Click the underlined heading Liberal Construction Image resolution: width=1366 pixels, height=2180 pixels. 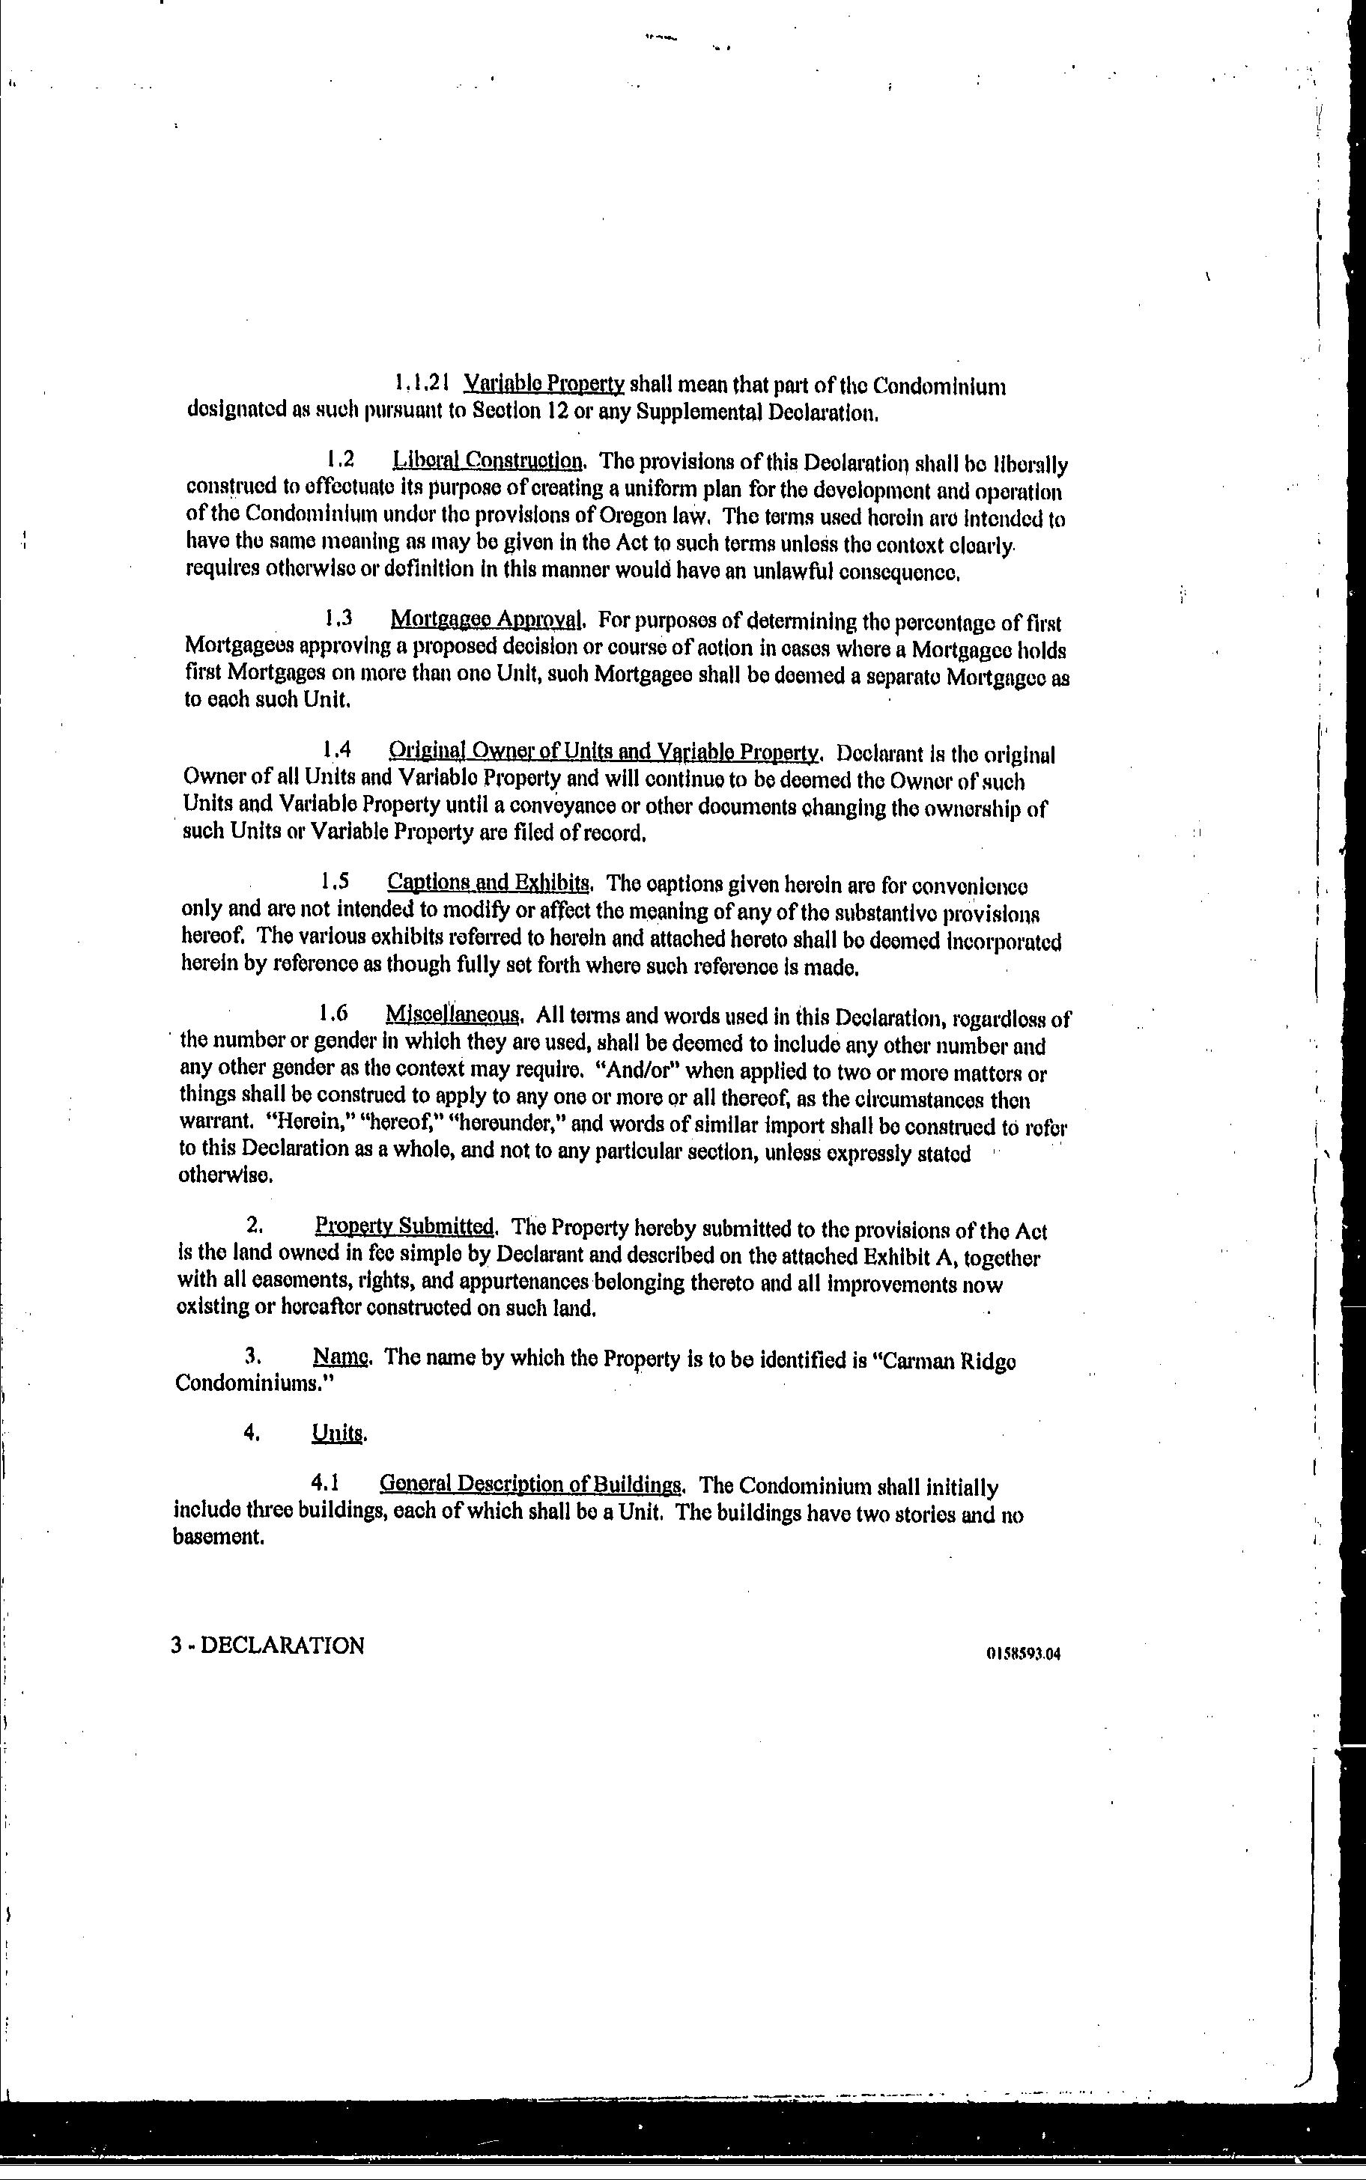488,460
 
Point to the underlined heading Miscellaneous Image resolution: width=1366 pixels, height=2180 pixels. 454,1014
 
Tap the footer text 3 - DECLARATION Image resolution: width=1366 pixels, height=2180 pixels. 267,1645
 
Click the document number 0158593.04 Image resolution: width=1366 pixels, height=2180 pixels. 1023,1654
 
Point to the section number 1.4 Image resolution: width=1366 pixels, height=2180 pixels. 336,749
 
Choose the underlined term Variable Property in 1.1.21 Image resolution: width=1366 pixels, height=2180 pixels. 544,384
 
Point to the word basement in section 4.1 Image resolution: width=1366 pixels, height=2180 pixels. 218,1537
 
